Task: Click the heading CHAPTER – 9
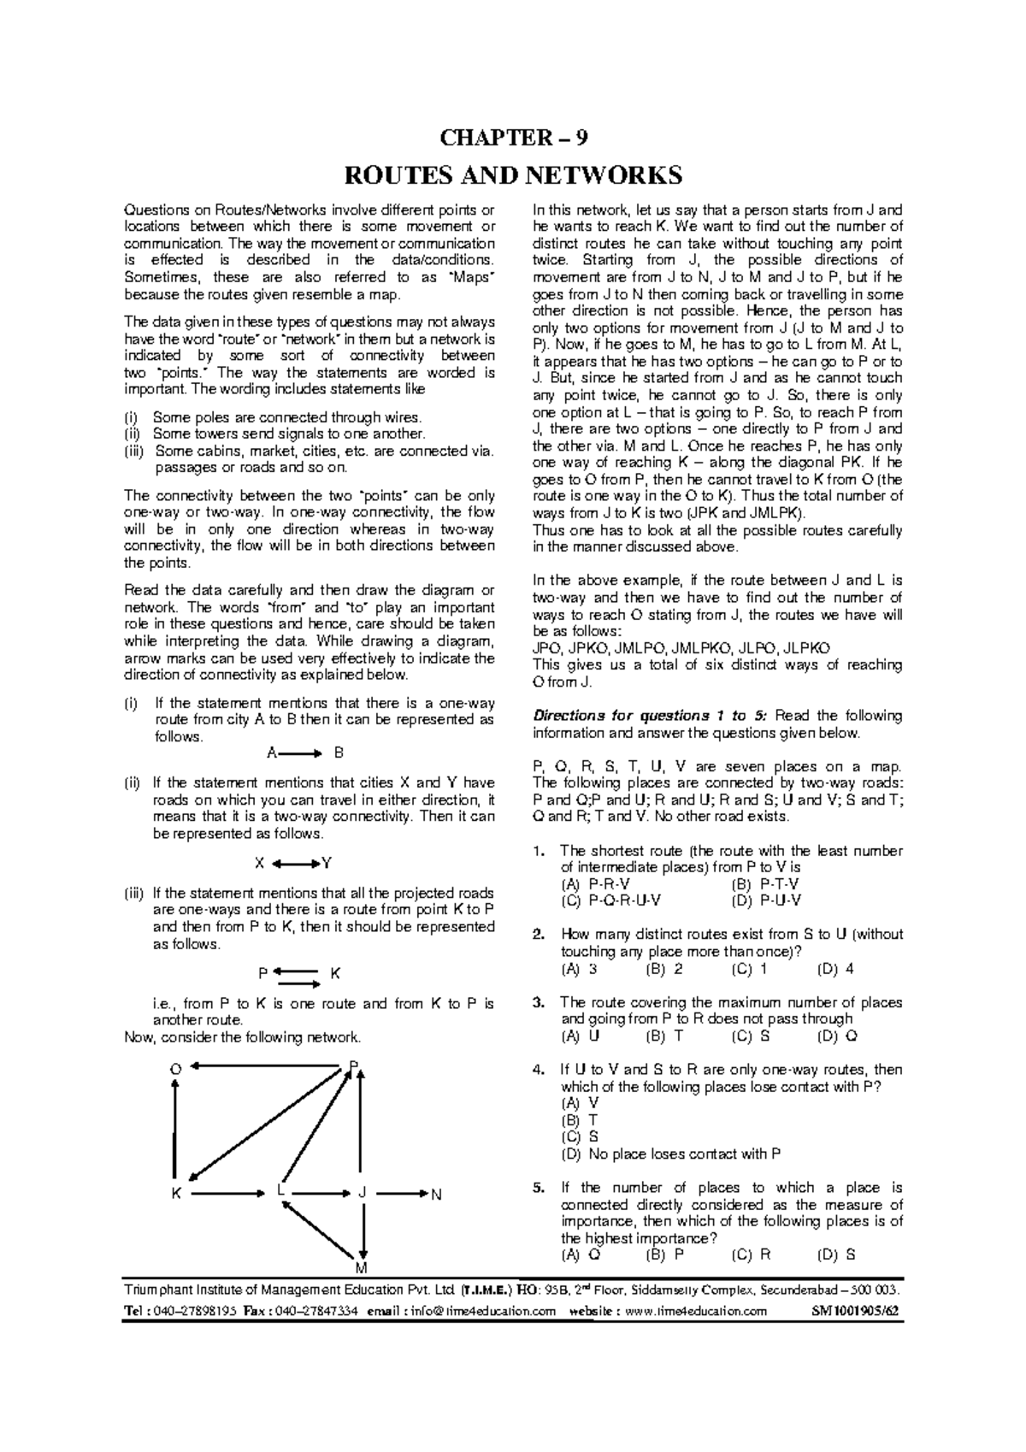tap(513, 138)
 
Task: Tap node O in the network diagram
tap(175, 1068)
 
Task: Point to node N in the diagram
tap(436, 1194)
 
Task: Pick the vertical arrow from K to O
tap(176, 1129)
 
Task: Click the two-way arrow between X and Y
tap(298, 863)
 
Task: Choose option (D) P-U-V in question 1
tap(766, 900)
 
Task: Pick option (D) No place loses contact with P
tap(670, 1154)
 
